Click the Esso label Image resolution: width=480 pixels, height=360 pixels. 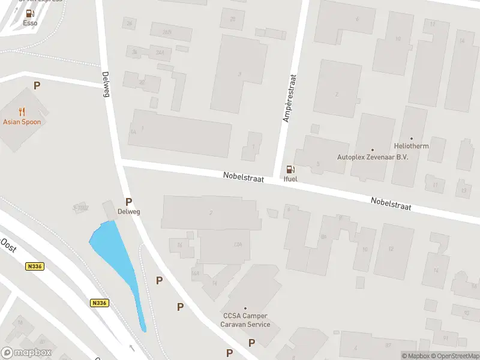click(30, 23)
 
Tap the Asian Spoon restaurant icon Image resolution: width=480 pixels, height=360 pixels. click(22, 112)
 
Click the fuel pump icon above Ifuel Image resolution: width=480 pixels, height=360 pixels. click(290, 170)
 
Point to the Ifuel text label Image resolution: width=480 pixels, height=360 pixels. click(290, 179)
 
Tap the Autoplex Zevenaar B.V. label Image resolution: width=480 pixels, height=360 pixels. click(372, 157)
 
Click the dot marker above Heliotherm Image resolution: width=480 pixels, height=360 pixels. click(412, 139)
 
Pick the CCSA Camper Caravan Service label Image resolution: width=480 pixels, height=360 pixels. click(246, 320)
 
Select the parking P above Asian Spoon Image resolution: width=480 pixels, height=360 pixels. click(37, 86)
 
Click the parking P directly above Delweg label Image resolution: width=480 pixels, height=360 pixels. click(128, 202)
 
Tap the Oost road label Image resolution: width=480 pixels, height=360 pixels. click(8, 245)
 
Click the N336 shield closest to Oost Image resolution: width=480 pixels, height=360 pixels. click(34, 266)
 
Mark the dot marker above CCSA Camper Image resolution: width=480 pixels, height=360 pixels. click(245, 308)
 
